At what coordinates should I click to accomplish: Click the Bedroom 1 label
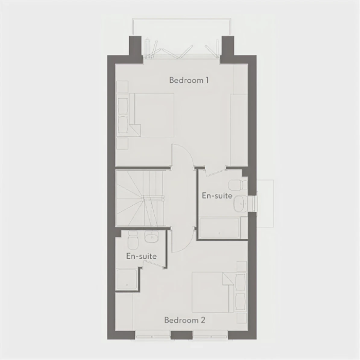pos(189,80)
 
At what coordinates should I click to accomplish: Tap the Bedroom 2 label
pos(185,320)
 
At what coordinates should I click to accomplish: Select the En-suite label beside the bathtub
pos(217,195)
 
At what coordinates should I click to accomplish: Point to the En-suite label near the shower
pos(141,256)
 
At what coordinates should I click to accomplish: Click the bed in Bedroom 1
pos(152,115)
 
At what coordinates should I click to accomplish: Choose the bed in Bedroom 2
pos(212,292)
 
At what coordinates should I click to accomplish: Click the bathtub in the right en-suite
pos(220,228)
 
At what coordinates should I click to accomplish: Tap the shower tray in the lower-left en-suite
pos(127,279)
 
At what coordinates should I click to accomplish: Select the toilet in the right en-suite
pos(238,185)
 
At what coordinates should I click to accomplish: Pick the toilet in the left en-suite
pos(133,240)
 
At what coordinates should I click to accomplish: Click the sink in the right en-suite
pos(241,204)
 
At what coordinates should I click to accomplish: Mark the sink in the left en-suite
pos(151,237)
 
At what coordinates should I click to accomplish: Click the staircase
pos(140,198)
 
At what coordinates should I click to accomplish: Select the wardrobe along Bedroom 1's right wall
pos(239,130)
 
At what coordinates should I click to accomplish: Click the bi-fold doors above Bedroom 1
pos(182,49)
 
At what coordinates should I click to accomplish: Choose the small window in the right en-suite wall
pos(255,204)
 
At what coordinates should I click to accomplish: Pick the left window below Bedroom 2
pos(153,335)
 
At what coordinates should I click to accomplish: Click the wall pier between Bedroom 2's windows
pos(182,335)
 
